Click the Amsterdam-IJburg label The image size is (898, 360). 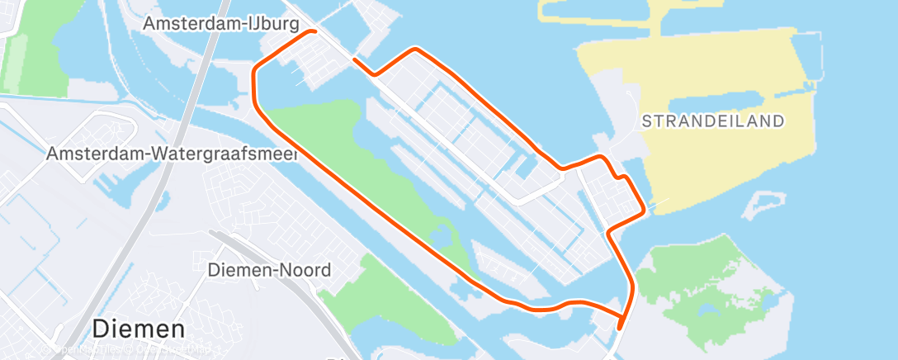pos(220,25)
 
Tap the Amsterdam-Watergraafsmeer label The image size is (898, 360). pos(172,154)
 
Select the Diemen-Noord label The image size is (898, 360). pos(269,270)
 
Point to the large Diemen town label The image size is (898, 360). pos(138,329)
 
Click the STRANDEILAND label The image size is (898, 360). pos(712,121)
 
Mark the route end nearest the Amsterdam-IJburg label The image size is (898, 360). pos(355,59)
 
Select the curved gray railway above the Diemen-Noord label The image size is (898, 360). pos(272,248)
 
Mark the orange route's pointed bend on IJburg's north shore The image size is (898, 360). pos(418,50)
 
